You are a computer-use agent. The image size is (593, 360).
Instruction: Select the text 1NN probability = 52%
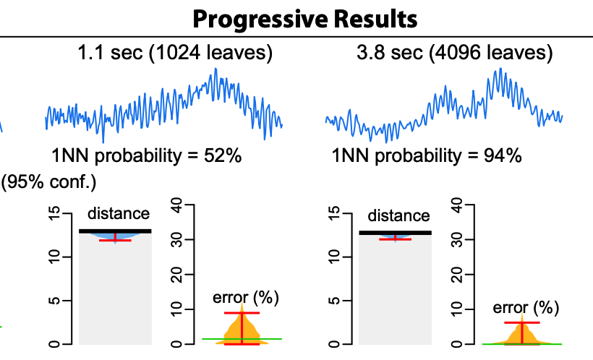point(146,156)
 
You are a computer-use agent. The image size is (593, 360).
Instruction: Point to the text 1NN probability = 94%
point(427,156)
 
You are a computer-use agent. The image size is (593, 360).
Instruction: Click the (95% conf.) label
point(48,181)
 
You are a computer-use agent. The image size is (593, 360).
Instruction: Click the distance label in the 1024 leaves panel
point(119,213)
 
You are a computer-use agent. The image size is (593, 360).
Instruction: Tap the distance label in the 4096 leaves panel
point(398,215)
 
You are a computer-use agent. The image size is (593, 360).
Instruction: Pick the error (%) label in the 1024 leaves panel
point(246,297)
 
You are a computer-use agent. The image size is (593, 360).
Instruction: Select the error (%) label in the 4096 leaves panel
point(526,307)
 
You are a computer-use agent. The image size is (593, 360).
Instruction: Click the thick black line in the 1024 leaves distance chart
point(116,231)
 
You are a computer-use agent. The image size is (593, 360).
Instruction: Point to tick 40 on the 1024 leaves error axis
point(176,205)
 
